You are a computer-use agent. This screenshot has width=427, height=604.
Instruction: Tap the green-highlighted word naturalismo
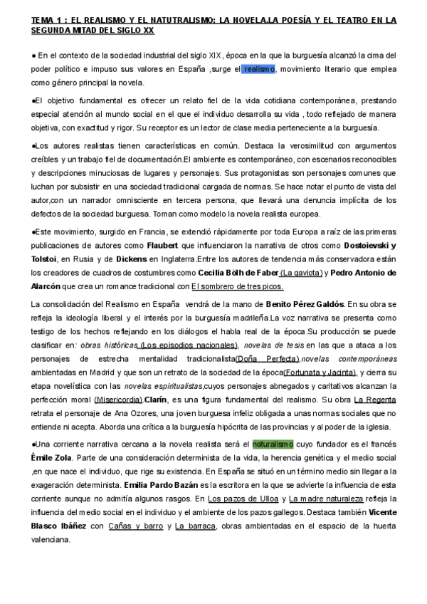(x=273, y=444)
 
